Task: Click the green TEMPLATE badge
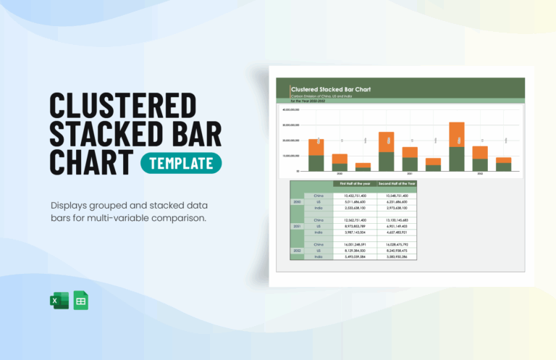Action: pyautogui.click(x=181, y=163)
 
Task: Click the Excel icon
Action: pyautogui.click(x=57, y=301)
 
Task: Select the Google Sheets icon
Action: pyautogui.click(x=80, y=301)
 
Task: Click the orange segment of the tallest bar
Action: pyautogui.click(x=456, y=135)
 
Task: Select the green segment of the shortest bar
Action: pyautogui.click(x=363, y=169)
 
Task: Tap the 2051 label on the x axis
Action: pyautogui.click(x=410, y=174)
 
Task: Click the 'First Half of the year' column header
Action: pyautogui.click(x=355, y=184)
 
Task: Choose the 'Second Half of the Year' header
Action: pyautogui.click(x=397, y=184)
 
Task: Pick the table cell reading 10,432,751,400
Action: pyautogui.click(x=355, y=196)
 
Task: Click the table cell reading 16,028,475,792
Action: pyautogui.click(x=397, y=243)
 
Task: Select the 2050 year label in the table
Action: pyautogui.click(x=297, y=202)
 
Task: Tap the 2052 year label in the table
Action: pyautogui.click(x=297, y=250)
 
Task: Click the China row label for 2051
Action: pyautogui.click(x=319, y=219)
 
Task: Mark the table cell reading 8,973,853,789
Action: pyautogui.click(x=355, y=226)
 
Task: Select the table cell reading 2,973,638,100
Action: pyautogui.click(x=397, y=208)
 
